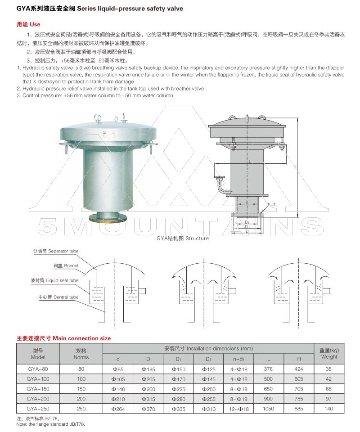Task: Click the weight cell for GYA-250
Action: [329, 409]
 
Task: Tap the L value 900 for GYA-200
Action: [269, 399]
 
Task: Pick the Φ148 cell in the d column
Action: [118, 389]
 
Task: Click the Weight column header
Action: [329, 354]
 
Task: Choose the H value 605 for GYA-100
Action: [299, 379]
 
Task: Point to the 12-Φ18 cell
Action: [238, 409]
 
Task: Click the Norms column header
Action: [81, 354]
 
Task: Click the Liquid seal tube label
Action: [54, 281]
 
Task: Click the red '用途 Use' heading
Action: [25, 23]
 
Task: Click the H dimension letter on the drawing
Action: [295, 167]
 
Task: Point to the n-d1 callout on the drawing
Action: [272, 204]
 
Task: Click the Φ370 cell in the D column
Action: [148, 409]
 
